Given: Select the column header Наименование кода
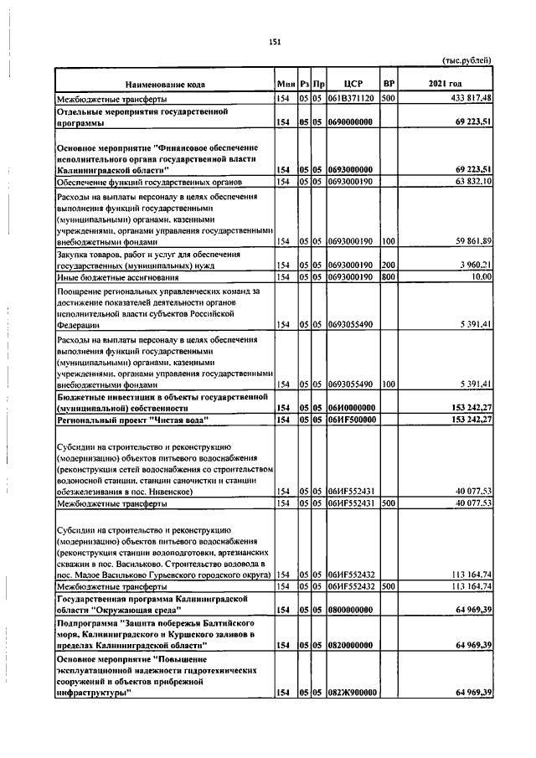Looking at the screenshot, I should pyautogui.click(x=165, y=85).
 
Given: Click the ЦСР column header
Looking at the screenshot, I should pyautogui.click(x=351, y=85).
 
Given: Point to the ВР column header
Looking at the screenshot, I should pyautogui.click(x=388, y=85).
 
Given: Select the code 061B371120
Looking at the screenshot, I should pyautogui.click(x=350, y=99).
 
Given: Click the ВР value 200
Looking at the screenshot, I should pyautogui.click(x=388, y=265).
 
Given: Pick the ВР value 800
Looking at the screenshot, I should pyautogui.click(x=388, y=276).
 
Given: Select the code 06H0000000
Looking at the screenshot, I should pyautogui.click(x=350, y=407).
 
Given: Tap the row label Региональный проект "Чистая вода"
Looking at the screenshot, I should pyautogui.click(x=131, y=419).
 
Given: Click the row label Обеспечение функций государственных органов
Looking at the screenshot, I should pyautogui.click(x=148, y=181).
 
